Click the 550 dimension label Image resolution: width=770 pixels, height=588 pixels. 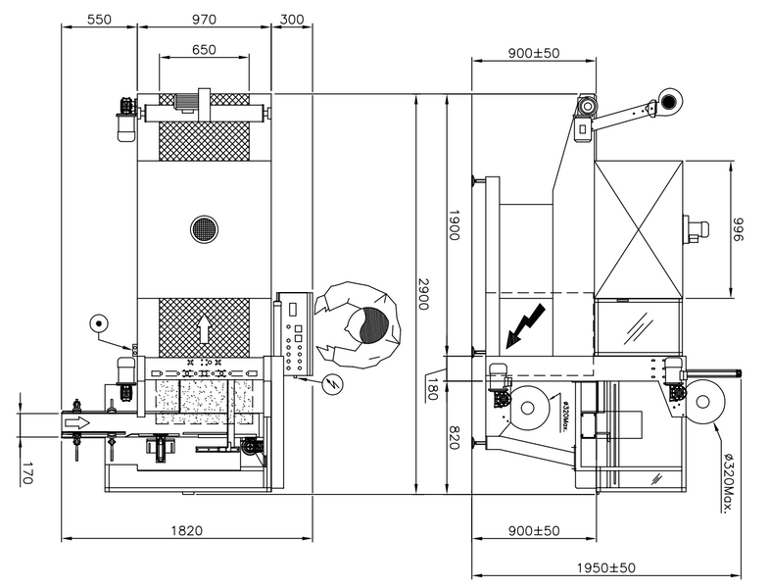point(99,20)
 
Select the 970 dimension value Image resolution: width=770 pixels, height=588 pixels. point(204,20)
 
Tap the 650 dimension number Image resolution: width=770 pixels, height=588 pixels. point(204,50)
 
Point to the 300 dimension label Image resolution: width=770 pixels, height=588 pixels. point(292,20)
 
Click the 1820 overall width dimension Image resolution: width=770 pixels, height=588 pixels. point(186,530)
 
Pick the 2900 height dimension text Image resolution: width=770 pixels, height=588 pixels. point(423,294)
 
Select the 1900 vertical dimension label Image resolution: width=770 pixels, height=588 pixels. point(454,225)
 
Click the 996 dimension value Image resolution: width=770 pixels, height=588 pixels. point(739,229)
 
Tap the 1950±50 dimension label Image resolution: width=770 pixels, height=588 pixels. point(606,567)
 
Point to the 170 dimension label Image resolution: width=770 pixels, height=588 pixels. point(27,473)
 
